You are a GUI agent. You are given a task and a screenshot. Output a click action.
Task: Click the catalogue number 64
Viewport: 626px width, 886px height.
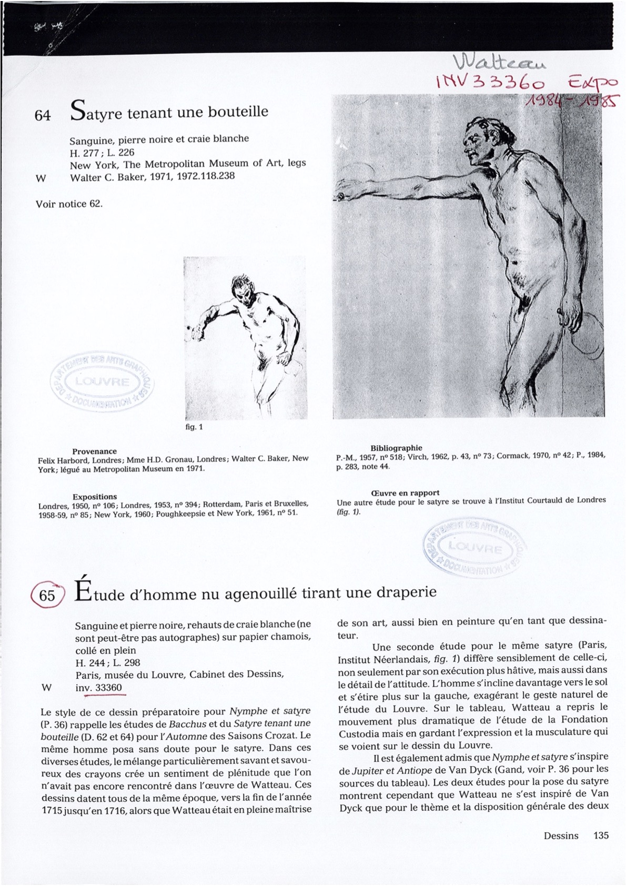click(x=42, y=116)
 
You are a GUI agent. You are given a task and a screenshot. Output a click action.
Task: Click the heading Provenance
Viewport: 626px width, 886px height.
click(x=95, y=451)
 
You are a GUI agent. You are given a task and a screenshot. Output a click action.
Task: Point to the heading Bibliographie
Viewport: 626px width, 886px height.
click(x=396, y=448)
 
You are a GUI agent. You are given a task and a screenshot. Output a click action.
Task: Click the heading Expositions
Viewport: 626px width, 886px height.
click(x=95, y=496)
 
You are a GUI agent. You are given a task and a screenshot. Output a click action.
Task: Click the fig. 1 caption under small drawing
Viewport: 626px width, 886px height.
click(x=194, y=427)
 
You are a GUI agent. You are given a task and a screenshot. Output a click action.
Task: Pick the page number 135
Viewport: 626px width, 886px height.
click(x=601, y=835)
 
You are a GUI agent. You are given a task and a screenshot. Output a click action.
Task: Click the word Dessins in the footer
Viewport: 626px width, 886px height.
click(x=561, y=835)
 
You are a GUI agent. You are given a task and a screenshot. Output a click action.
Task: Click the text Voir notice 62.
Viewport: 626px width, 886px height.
click(x=69, y=204)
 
